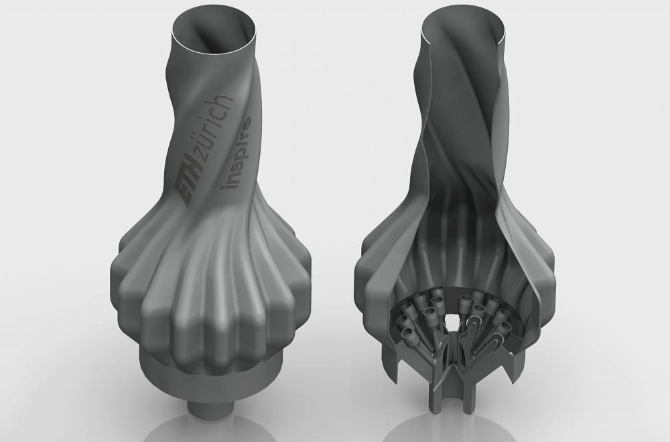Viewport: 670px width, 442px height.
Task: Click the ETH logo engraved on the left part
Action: pyautogui.click(x=188, y=186)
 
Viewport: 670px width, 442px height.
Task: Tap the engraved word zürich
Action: pyautogui.click(x=213, y=129)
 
